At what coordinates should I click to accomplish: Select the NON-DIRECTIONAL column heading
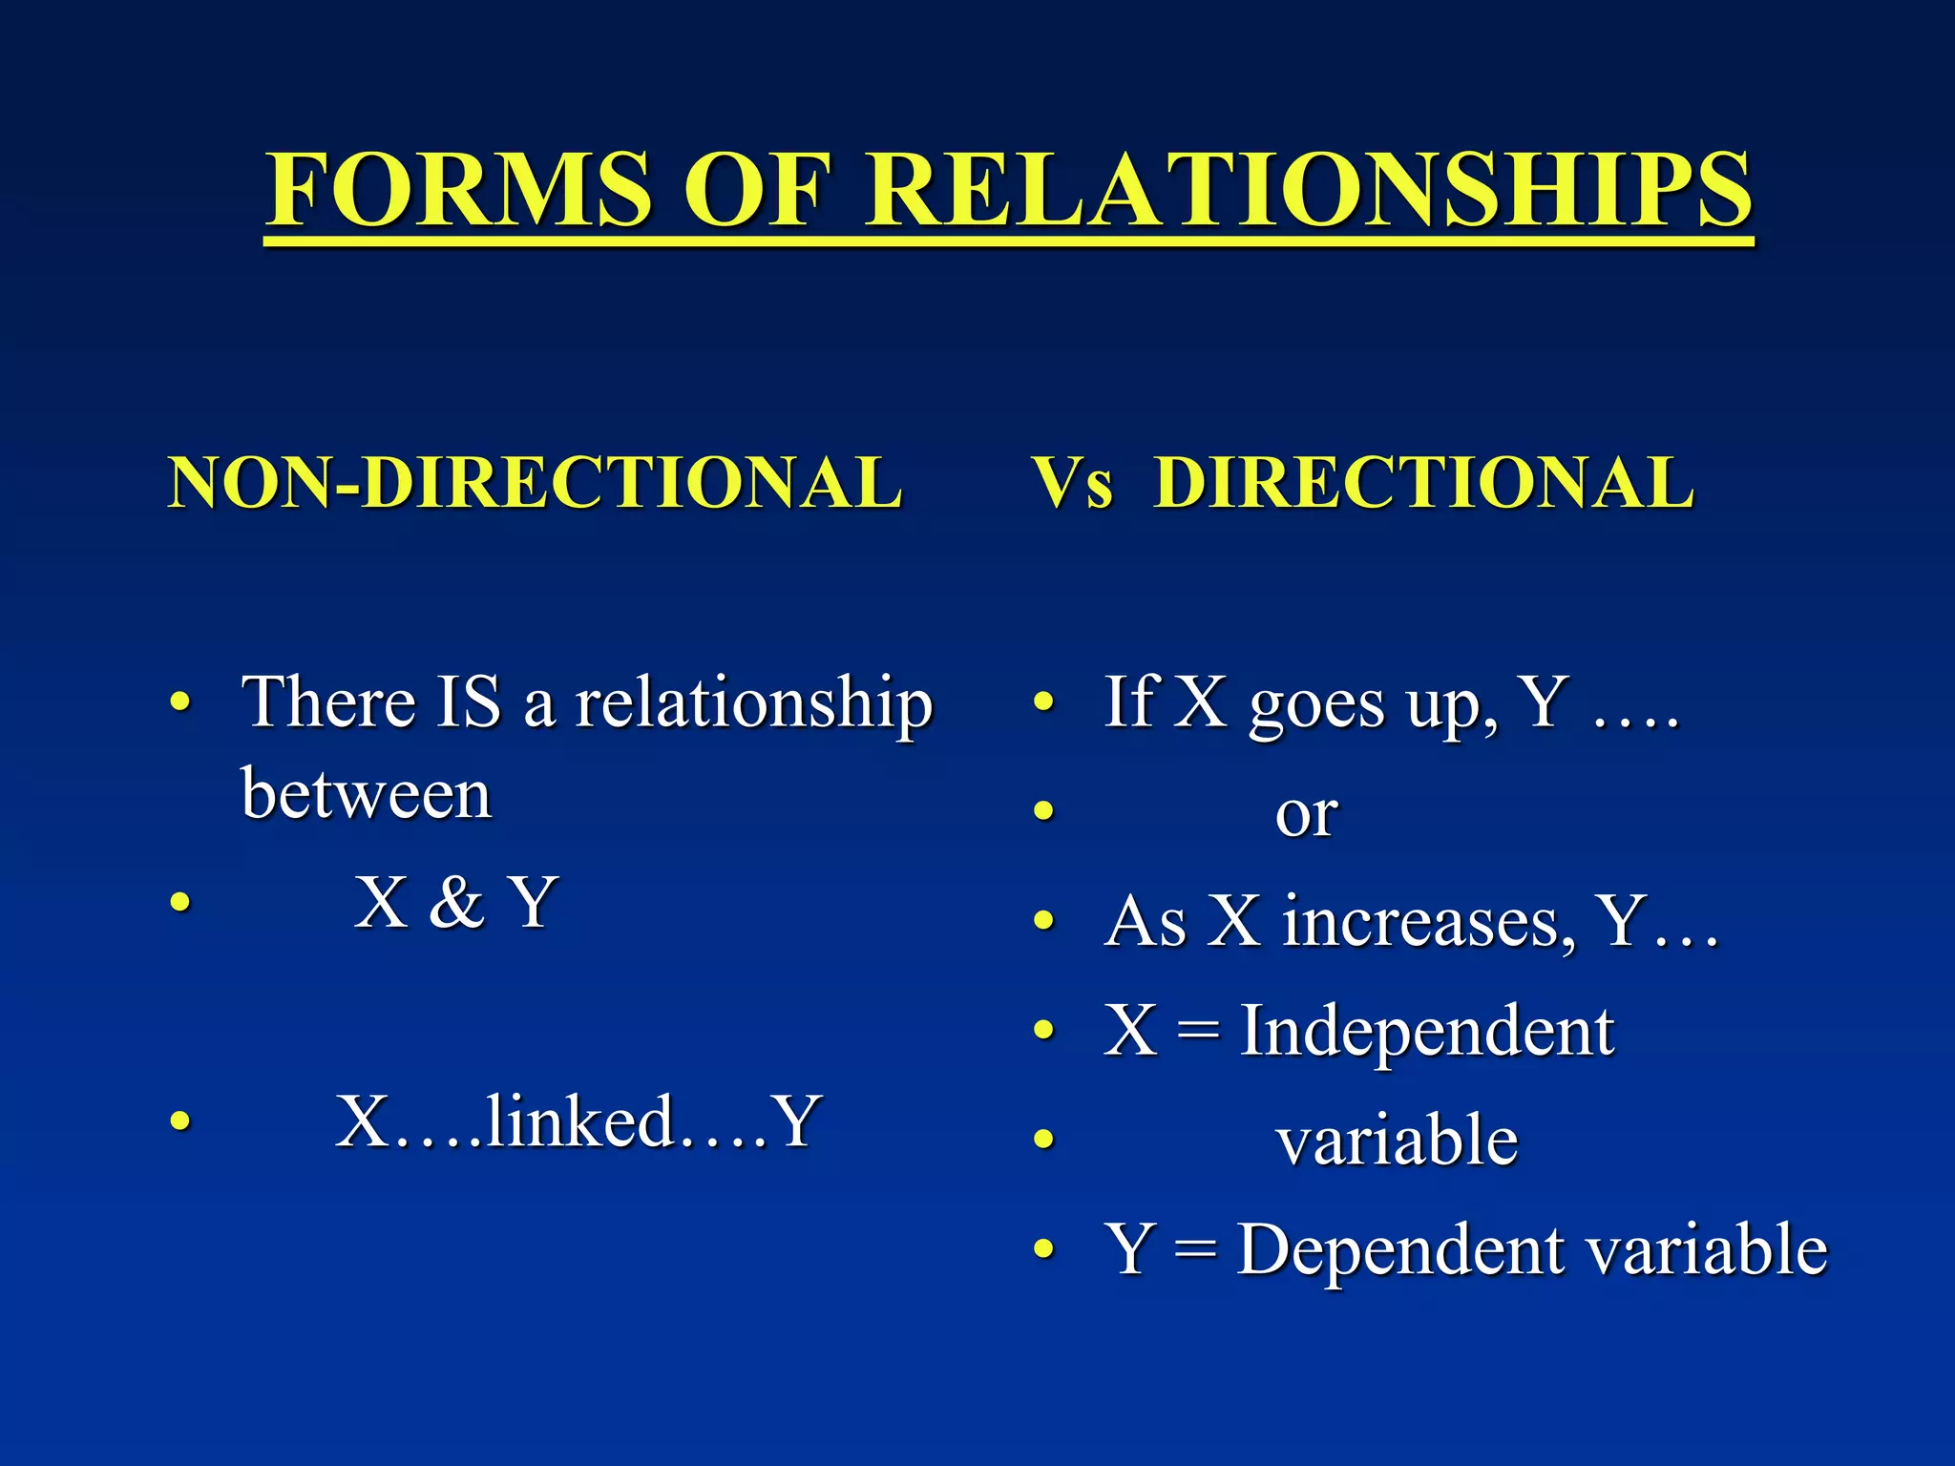(535, 483)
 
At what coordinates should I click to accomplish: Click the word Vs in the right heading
(1073, 483)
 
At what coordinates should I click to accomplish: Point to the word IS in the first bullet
(469, 702)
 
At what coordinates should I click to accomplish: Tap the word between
(366, 794)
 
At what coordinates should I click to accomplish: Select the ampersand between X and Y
(456, 902)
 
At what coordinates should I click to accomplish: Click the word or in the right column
(1306, 815)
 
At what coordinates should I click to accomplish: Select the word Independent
(1426, 1033)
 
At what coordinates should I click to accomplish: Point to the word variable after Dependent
(1707, 1249)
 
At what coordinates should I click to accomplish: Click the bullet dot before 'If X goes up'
(1044, 703)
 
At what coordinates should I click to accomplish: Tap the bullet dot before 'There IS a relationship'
(179, 703)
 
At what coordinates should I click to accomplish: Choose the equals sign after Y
(1196, 1250)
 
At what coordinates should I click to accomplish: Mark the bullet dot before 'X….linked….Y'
(179, 1120)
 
